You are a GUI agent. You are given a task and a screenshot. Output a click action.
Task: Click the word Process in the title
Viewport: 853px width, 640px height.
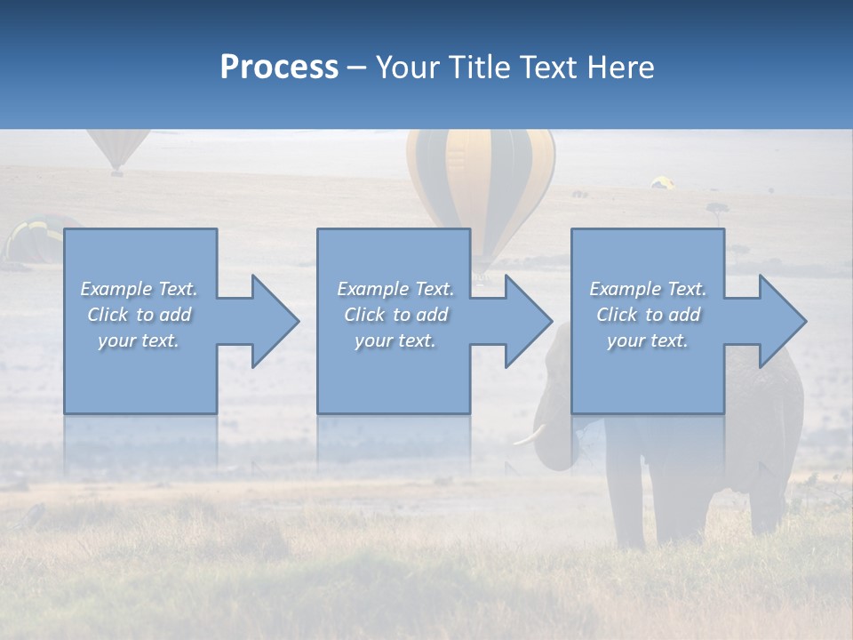coord(279,67)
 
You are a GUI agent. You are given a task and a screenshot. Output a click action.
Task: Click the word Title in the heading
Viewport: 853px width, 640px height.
coord(478,67)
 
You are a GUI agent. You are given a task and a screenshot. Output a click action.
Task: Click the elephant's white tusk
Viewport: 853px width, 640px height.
coord(529,436)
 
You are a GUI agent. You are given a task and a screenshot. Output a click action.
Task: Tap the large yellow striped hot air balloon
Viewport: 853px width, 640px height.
coord(481,178)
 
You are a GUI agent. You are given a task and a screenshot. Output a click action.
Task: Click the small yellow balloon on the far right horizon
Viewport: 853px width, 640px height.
coord(663,183)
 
